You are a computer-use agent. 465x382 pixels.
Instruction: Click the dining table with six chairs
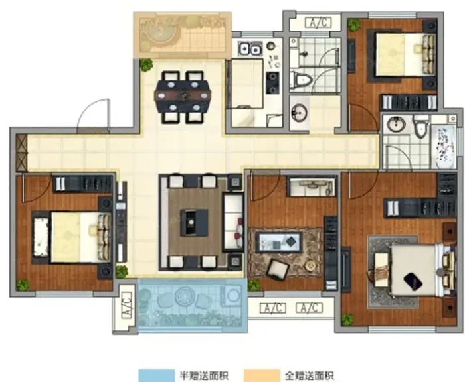[x=183, y=97]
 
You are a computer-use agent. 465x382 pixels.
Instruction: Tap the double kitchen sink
[x=250, y=49]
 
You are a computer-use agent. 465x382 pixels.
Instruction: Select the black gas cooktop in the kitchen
[x=272, y=82]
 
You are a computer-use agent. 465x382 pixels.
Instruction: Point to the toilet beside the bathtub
[x=420, y=126]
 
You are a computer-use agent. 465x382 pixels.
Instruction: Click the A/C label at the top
[x=318, y=23]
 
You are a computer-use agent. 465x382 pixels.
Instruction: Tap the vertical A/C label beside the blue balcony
[x=126, y=305]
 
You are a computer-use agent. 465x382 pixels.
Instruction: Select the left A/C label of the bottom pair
[x=273, y=308]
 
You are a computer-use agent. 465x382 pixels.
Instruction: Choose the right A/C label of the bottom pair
[x=309, y=308]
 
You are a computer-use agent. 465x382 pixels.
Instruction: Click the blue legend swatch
[x=156, y=375]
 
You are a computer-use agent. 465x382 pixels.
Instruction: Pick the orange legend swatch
[x=262, y=375]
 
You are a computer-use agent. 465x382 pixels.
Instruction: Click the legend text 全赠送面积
[x=310, y=375]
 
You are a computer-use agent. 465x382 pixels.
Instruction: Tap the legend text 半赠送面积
[x=204, y=375]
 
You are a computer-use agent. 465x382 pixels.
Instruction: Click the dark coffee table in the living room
[x=194, y=222]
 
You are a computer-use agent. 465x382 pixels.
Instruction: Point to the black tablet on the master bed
[x=413, y=282]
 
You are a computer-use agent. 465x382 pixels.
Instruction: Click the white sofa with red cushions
[x=233, y=222]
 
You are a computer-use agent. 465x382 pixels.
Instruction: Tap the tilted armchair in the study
[x=278, y=269]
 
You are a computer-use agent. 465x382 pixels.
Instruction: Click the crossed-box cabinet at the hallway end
[x=21, y=153]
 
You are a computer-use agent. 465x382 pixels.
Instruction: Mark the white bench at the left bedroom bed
[x=41, y=237]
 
